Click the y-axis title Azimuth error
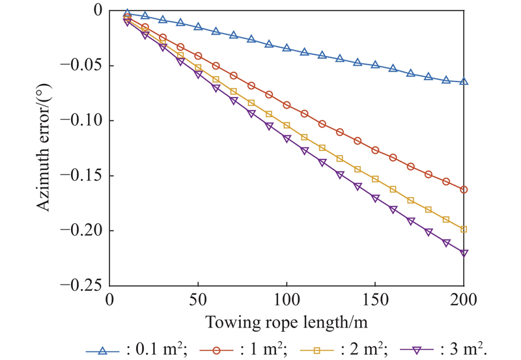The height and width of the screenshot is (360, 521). point(43,148)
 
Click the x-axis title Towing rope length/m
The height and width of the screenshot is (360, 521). point(287,322)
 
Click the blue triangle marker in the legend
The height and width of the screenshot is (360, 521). point(102,350)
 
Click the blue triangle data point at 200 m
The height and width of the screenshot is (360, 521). point(464,81)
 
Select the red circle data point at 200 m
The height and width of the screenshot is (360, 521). point(464,189)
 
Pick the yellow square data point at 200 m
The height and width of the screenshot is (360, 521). point(464,229)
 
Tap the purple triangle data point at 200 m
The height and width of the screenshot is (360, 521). point(464,253)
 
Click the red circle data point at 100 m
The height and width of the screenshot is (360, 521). point(287,105)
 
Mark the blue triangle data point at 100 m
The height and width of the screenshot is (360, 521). point(287,48)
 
